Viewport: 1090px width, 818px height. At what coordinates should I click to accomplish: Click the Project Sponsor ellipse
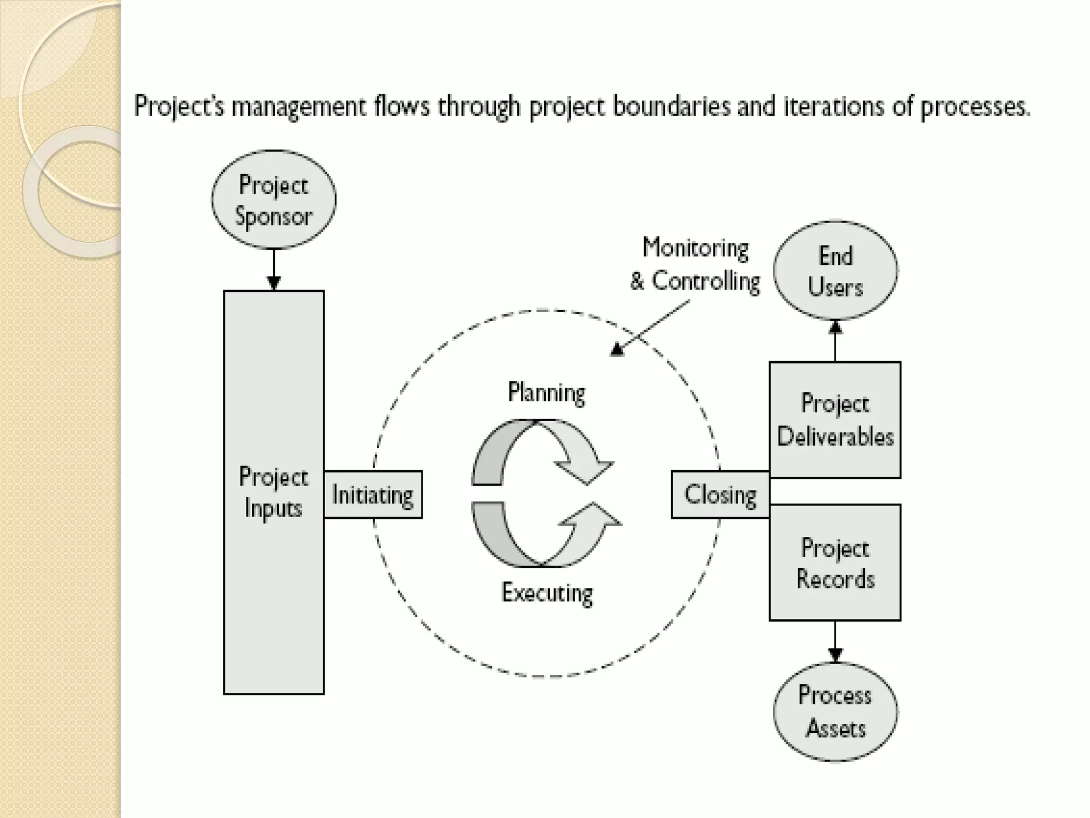pyautogui.click(x=274, y=200)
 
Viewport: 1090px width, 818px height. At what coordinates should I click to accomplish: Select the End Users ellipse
pyautogui.click(x=835, y=271)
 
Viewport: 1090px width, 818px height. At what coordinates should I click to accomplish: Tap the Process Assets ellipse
pyautogui.click(x=835, y=711)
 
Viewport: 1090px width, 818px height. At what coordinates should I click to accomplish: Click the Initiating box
pyautogui.click(x=373, y=495)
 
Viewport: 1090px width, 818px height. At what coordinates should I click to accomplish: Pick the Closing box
pyautogui.click(x=720, y=495)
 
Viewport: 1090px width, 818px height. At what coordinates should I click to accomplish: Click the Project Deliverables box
pyautogui.click(x=835, y=420)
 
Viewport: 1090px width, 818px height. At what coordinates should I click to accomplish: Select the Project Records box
pyautogui.click(x=835, y=563)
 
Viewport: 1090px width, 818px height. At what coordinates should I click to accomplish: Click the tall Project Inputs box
pyautogui.click(x=274, y=586)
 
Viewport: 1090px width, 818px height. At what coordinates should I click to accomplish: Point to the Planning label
pyautogui.click(x=547, y=393)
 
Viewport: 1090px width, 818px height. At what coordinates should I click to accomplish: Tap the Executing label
pyautogui.click(x=547, y=593)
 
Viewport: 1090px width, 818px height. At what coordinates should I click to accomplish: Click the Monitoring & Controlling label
pyautogui.click(x=695, y=265)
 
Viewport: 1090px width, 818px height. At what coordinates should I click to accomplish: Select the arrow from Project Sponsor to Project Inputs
pyautogui.click(x=274, y=269)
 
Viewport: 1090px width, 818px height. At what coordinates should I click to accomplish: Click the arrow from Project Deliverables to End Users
pyautogui.click(x=835, y=341)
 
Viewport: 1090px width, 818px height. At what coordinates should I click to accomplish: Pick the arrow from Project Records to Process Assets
pyautogui.click(x=835, y=642)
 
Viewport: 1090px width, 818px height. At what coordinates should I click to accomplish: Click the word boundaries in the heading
pyautogui.click(x=672, y=106)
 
